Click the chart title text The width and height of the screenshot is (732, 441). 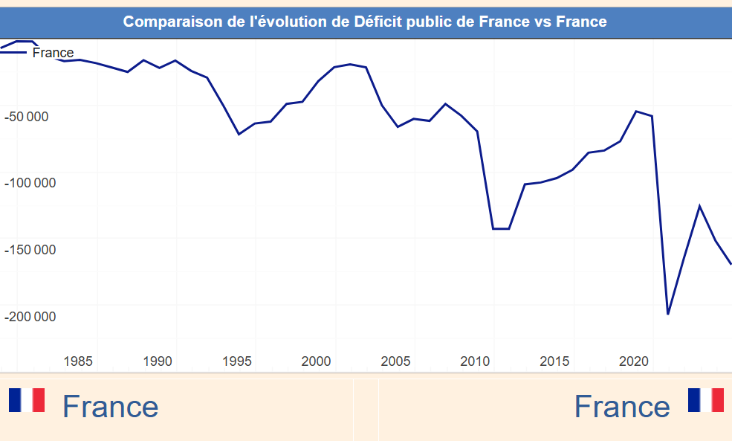click(365, 22)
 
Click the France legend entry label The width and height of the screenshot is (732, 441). click(53, 53)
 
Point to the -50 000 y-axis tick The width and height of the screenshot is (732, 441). click(27, 116)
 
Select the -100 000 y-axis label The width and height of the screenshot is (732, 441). click(30, 183)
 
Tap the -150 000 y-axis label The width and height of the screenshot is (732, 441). click(30, 250)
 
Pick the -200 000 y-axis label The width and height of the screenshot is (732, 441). click(30, 317)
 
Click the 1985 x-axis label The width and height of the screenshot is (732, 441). click(79, 361)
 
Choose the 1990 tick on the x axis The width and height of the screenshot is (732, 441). click(158, 361)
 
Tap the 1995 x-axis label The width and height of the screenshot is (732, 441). click(237, 361)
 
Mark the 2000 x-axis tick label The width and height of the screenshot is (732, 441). click(317, 361)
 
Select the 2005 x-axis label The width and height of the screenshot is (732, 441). click(396, 361)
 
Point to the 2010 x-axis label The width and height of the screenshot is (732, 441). click(476, 361)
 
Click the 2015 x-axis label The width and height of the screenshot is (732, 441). click(555, 361)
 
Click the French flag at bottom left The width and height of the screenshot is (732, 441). click(27, 400)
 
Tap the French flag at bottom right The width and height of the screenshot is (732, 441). click(705, 399)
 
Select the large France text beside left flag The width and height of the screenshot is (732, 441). click(110, 407)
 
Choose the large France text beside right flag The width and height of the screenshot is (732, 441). click(622, 407)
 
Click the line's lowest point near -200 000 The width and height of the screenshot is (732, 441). click(668, 314)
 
